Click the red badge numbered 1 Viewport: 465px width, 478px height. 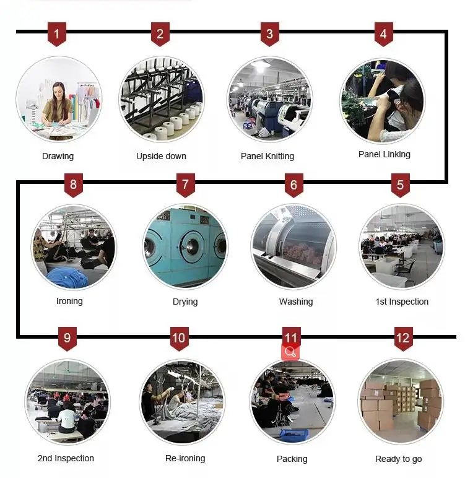pos(56,34)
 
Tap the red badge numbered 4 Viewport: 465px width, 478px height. pos(383,34)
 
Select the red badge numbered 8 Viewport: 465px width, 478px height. pos(74,185)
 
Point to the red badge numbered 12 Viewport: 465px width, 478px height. pos(403,338)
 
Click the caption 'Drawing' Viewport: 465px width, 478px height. pos(58,156)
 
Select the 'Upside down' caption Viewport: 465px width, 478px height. pos(161,156)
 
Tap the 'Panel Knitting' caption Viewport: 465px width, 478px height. pos(267,156)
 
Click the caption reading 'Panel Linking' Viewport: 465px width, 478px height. pos(384,154)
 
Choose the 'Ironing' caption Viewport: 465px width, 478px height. pos(69,301)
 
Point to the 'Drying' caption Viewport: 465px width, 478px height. pos(185,302)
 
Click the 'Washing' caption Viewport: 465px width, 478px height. pos(296,302)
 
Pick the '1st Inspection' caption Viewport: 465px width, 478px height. pos(402,302)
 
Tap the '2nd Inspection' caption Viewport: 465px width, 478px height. pos(66,458)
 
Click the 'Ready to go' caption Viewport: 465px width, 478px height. pos(399,459)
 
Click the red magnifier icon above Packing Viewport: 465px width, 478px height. pos(290,352)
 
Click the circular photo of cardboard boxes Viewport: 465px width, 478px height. pos(400,402)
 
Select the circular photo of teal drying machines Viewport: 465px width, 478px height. pos(185,247)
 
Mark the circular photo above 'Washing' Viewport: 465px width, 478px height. pos(293,246)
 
